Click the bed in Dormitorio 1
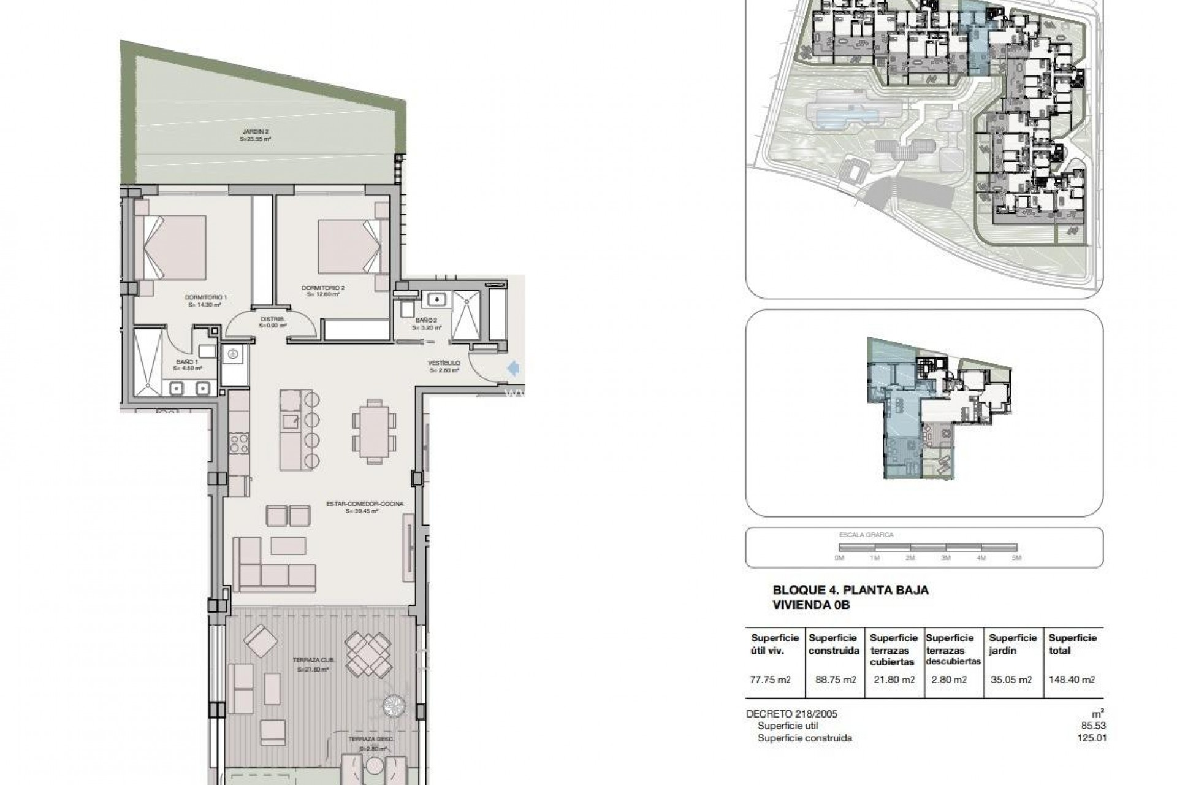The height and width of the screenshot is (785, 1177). point(174,248)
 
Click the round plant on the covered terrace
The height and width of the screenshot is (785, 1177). point(392,706)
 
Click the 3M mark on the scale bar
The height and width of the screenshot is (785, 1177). point(945,557)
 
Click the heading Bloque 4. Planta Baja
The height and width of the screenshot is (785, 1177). point(850,591)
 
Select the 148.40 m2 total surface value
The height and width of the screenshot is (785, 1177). point(1072,680)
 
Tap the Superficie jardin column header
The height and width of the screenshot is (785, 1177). point(1013,645)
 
